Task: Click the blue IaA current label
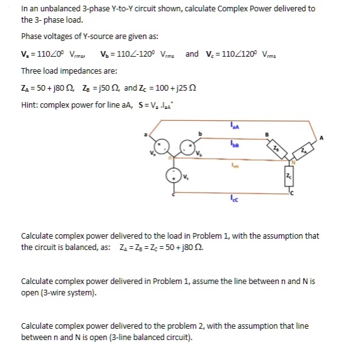coord(234,130)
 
